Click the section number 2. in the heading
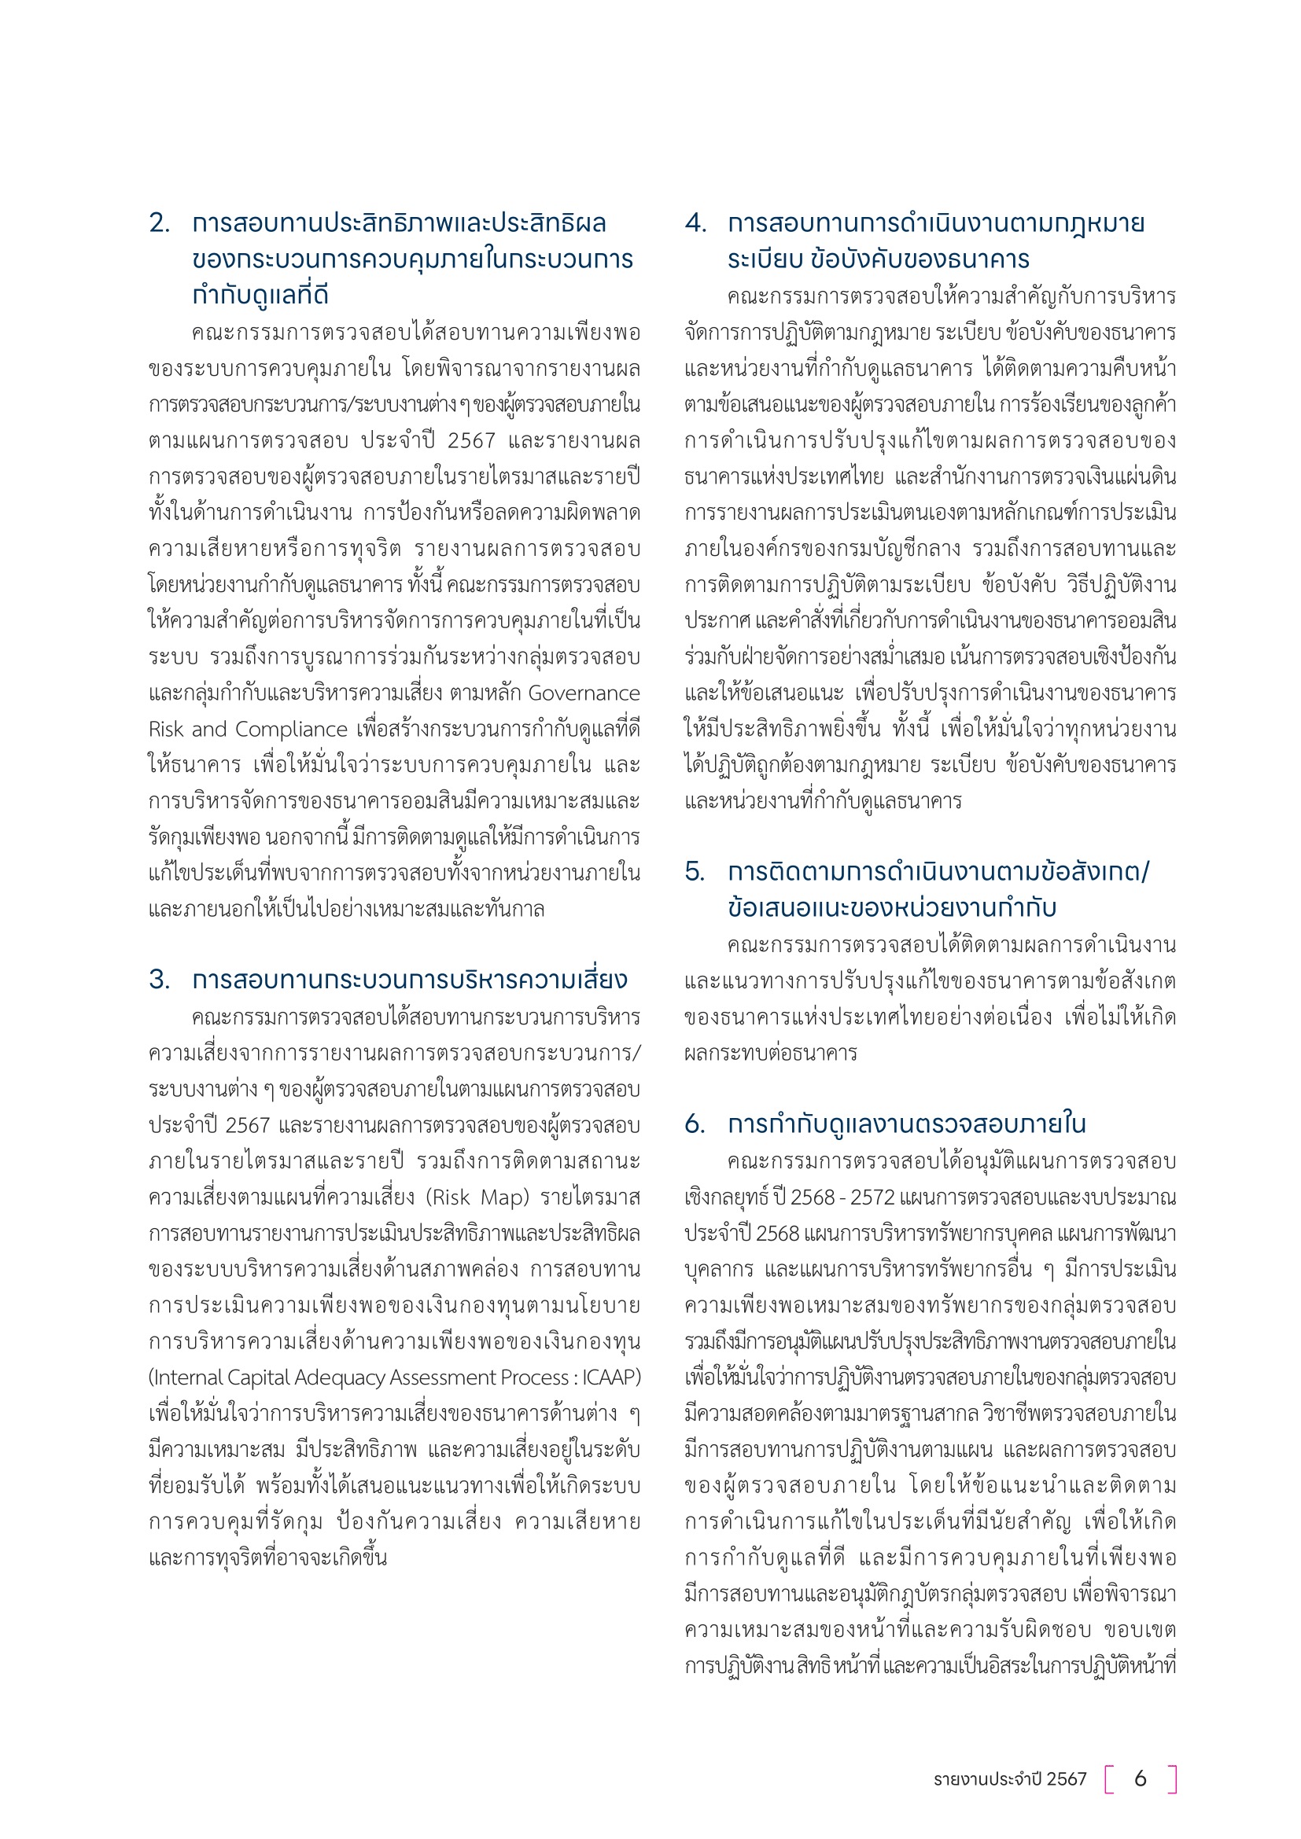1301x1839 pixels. tap(159, 223)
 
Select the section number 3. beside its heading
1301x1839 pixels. tap(159, 980)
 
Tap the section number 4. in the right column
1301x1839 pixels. tap(695, 223)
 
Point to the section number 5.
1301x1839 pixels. tap(695, 871)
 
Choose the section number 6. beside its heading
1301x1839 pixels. tap(695, 1124)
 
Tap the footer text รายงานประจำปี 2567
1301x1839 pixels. tap(1009, 1778)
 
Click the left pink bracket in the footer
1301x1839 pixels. tap(1110, 1778)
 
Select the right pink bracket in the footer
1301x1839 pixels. tap(1172, 1778)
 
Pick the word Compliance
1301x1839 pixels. tap(291, 729)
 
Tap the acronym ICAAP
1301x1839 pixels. tap(610, 1377)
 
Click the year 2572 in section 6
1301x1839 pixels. tap(872, 1197)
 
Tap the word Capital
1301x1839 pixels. tap(259, 1377)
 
